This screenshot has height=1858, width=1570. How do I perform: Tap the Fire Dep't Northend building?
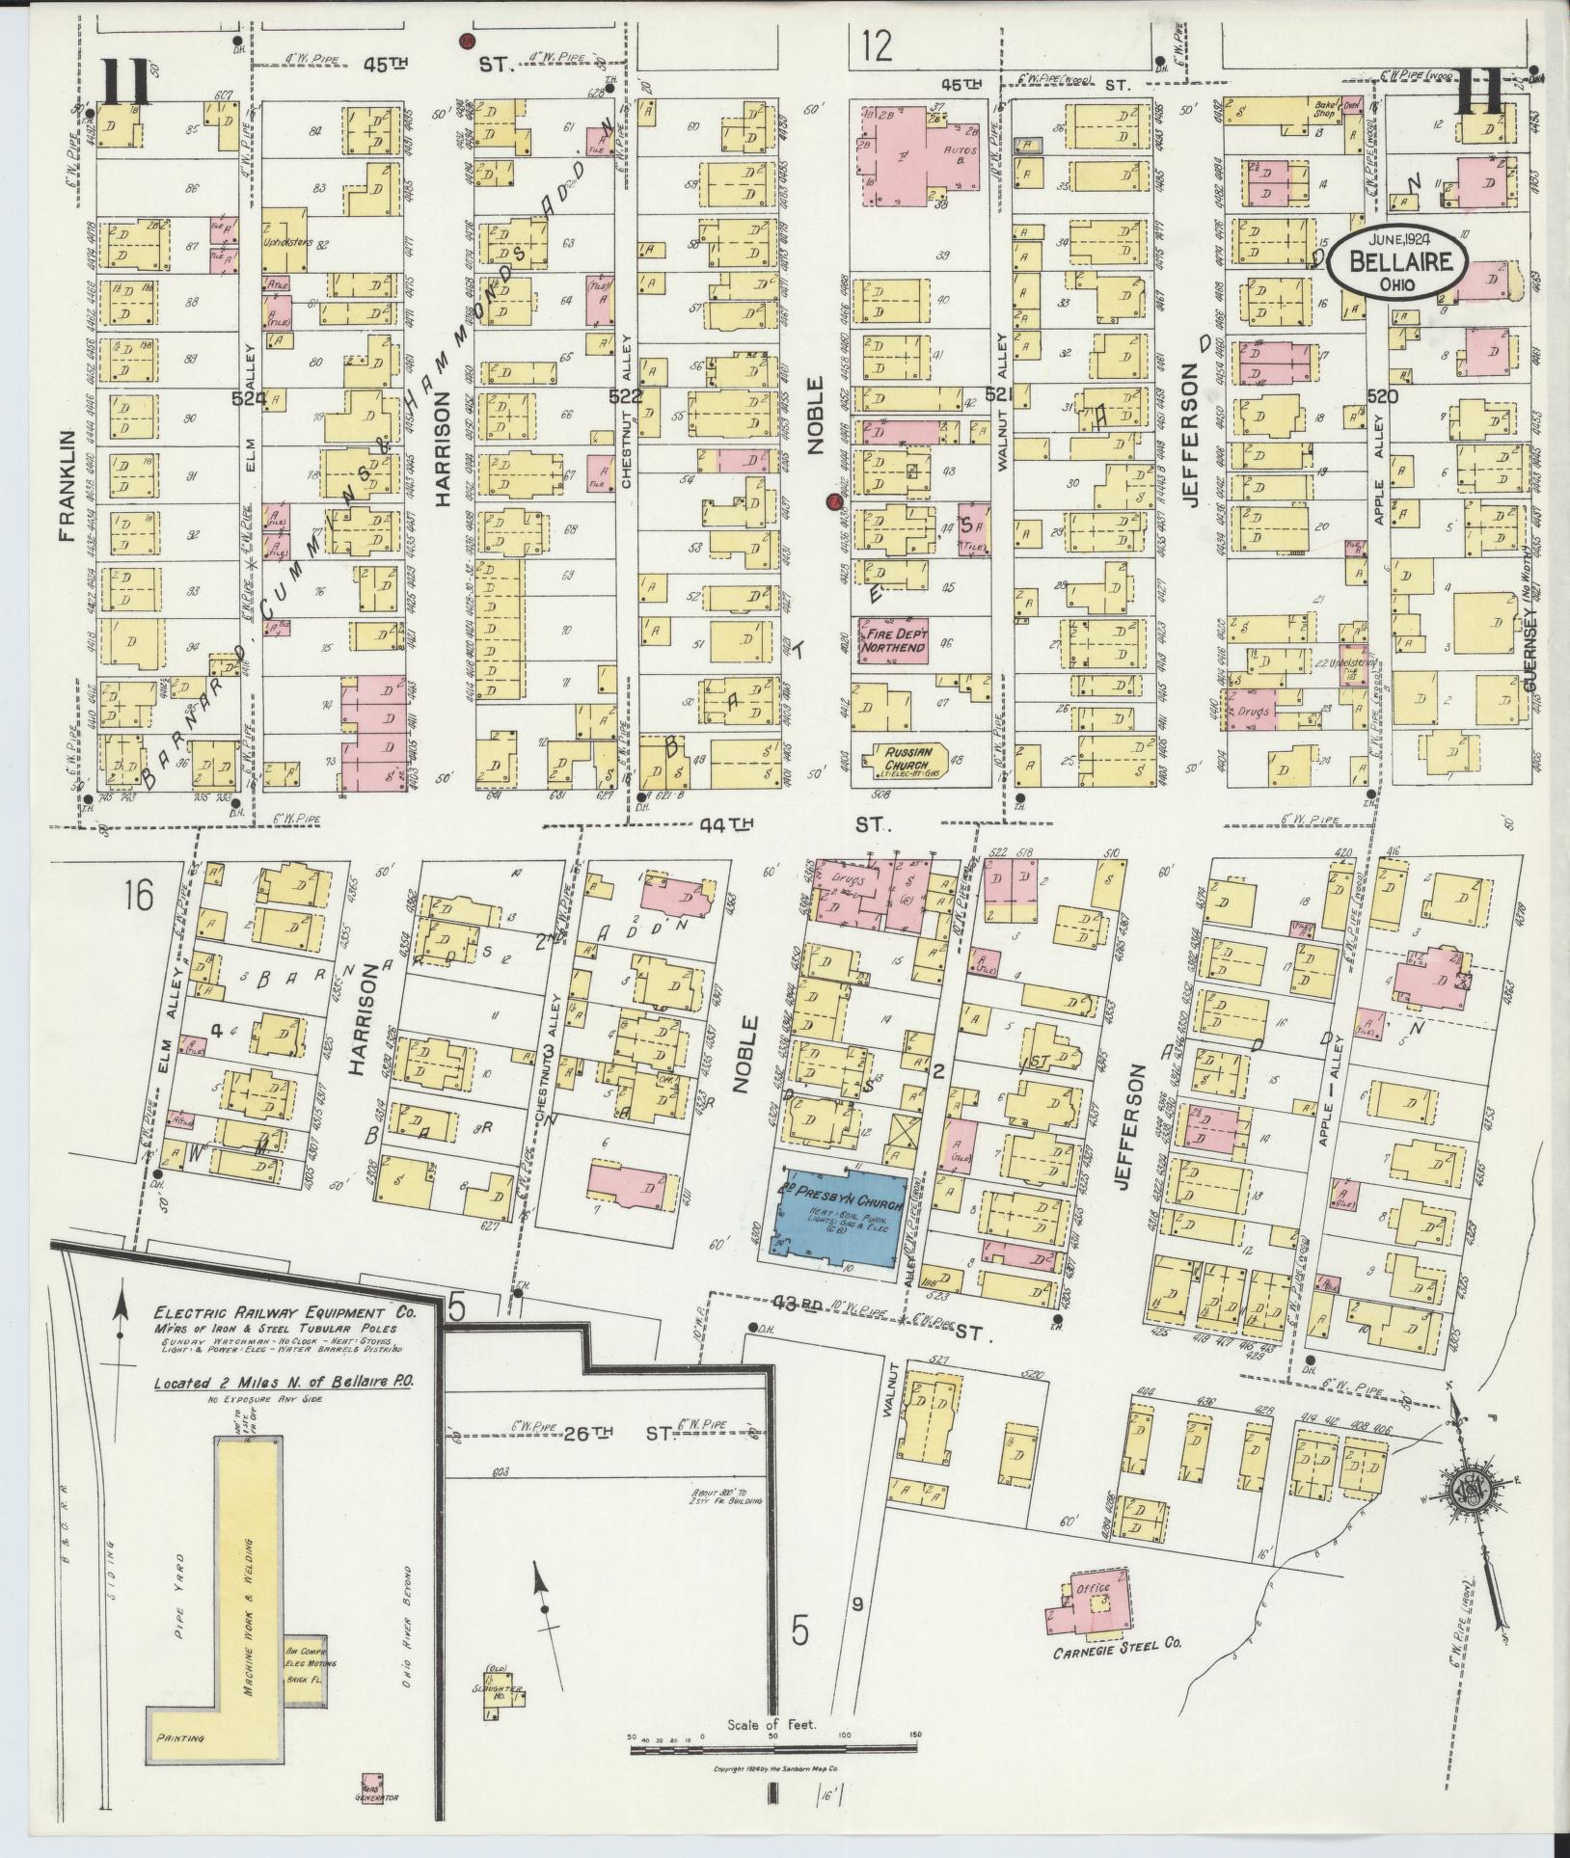pos(893,640)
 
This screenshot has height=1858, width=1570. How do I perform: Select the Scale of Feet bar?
pos(771,1734)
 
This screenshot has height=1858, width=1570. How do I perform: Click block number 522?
pos(625,396)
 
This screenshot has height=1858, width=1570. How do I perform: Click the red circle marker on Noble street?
pos(832,501)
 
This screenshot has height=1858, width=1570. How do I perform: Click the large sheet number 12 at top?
pos(877,45)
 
